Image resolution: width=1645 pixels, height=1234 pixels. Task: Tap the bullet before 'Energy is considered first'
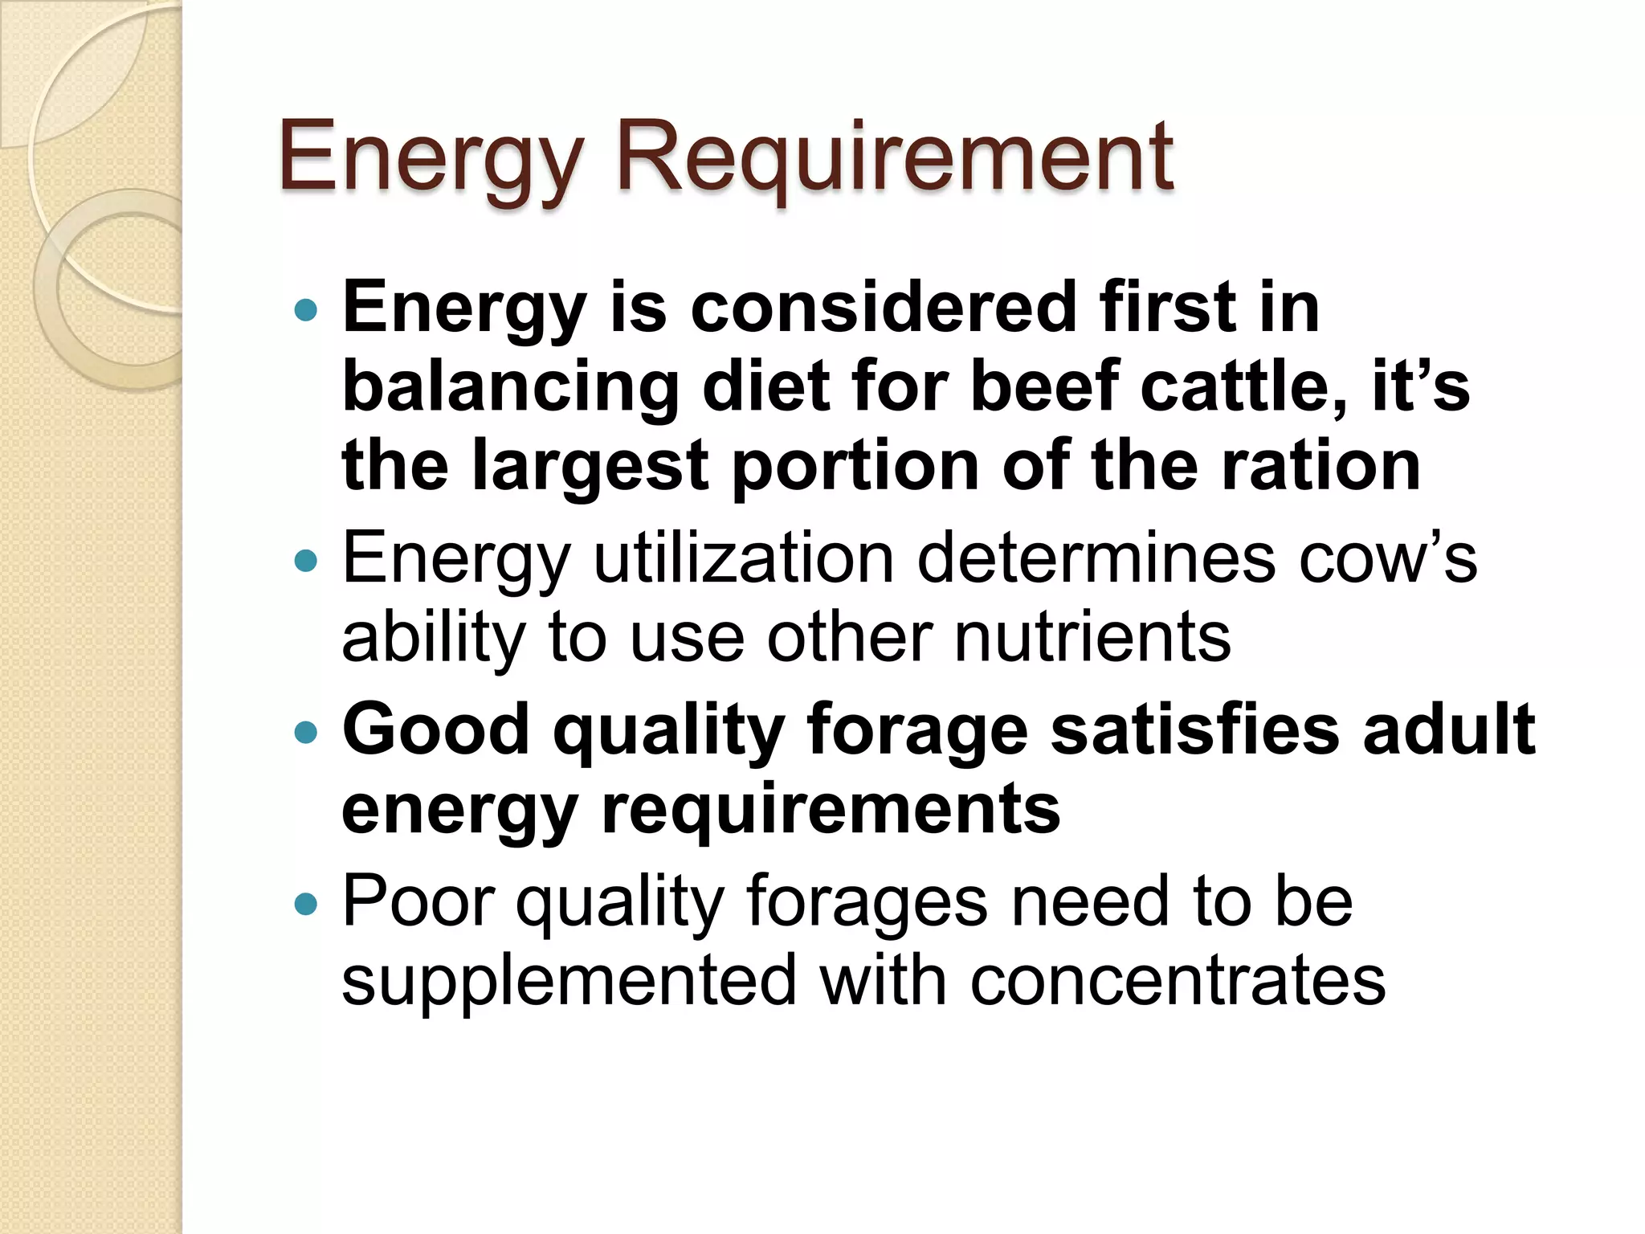click(x=306, y=310)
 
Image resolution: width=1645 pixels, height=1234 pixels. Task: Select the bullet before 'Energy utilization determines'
click(x=306, y=560)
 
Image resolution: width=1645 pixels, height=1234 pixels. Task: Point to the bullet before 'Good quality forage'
click(x=306, y=732)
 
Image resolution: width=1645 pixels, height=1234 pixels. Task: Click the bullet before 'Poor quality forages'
click(x=306, y=905)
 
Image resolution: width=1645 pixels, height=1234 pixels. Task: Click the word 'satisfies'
click(x=1195, y=729)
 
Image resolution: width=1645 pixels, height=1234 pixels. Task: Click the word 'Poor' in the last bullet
click(x=418, y=902)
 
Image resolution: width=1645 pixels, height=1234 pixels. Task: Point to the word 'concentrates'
click(x=1178, y=981)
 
